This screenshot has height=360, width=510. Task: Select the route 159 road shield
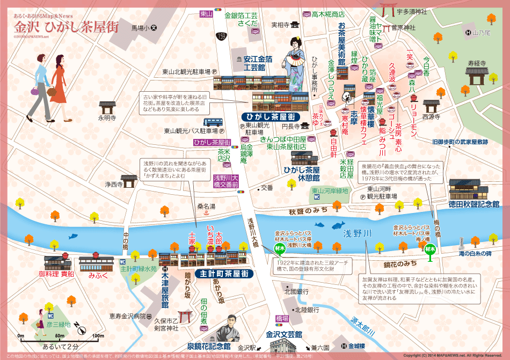click(x=221, y=36)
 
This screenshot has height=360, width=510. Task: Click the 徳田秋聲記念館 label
click(x=473, y=204)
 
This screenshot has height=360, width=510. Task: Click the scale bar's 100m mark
click(x=97, y=336)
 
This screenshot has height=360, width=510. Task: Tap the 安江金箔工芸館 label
click(x=254, y=64)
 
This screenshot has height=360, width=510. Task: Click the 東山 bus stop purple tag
click(x=205, y=14)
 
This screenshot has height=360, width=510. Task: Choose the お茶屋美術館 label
click(x=341, y=43)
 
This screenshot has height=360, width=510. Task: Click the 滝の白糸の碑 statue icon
click(x=461, y=242)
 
